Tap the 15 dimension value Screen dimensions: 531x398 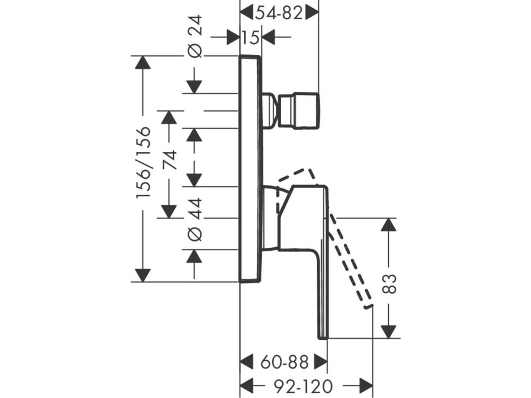click(x=250, y=37)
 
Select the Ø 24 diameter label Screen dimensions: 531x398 click(x=195, y=36)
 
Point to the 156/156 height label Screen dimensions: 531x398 click(x=143, y=163)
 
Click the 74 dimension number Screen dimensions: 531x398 click(x=169, y=160)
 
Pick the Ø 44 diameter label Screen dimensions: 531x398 click(x=195, y=220)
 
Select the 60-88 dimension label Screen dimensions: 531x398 click(x=285, y=362)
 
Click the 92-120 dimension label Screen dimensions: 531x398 click(x=303, y=386)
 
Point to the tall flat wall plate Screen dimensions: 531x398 click(x=250, y=168)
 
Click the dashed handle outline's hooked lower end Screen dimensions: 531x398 click(x=368, y=306)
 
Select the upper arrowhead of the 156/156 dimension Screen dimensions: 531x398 click(x=143, y=62)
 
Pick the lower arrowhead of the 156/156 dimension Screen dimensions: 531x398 click(x=143, y=275)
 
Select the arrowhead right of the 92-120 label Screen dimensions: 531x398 click(x=366, y=386)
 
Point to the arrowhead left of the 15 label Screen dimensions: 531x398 click(x=233, y=37)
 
